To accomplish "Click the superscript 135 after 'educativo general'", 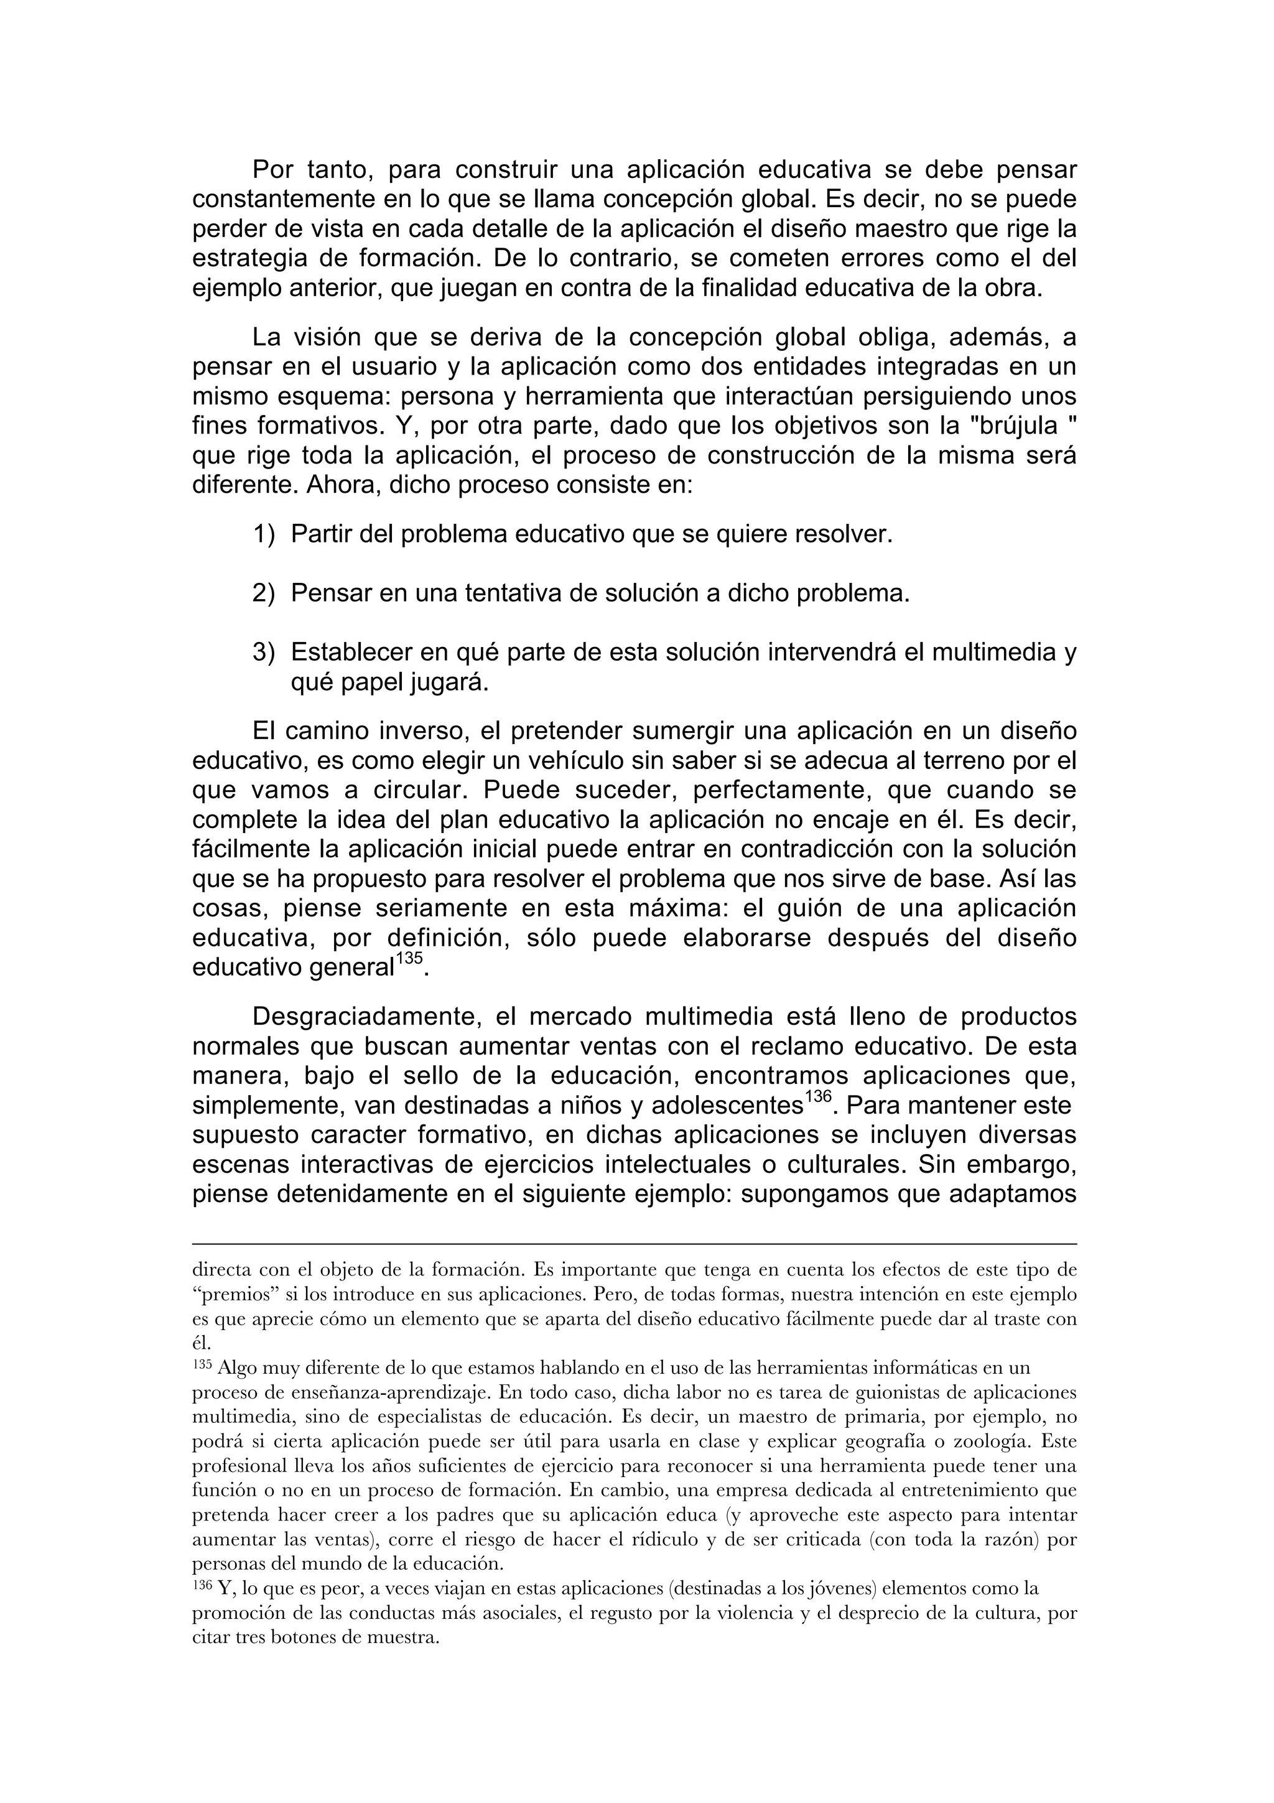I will coord(408,959).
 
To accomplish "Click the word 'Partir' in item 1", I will coord(322,535).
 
